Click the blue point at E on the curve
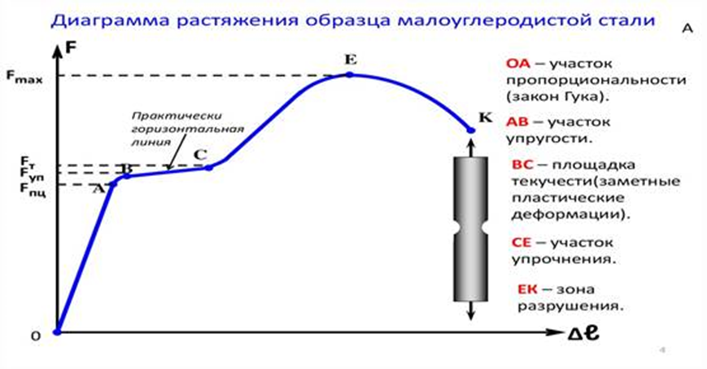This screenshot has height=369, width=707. click(x=350, y=74)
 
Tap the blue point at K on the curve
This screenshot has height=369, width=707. click(x=471, y=130)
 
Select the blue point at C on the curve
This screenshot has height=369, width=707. click(x=209, y=168)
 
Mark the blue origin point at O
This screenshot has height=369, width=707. click(x=57, y=332)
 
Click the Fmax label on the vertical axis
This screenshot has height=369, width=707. click(x=24, y=77)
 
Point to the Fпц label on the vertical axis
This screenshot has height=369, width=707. click(x=33, y=189)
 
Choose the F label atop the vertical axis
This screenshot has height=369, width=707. click(x=72, y=47)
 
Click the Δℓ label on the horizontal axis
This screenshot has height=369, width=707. click(x=583, y=333)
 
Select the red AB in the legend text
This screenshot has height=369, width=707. click(x=517, y=121)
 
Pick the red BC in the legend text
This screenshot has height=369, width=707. click(x=523, y=165)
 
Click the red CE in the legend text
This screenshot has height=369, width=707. click(x=522, y=243)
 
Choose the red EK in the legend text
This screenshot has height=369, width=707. click(x=527, y=289)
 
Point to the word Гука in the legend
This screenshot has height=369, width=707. click(x=580, y=96)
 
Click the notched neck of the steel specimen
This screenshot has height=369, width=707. click(x=471, y=228)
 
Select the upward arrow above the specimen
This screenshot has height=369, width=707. click(x=471, y=147)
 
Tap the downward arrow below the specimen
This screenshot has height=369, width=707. click(x=471, y=310)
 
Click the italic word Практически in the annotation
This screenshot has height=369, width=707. click(x=177, y=116)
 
